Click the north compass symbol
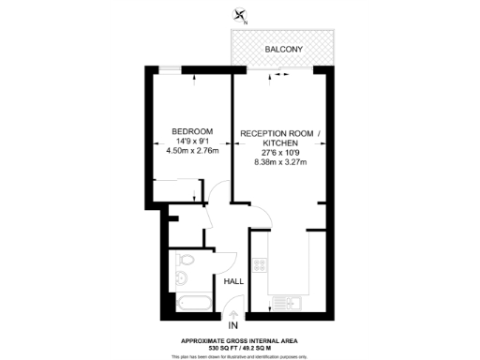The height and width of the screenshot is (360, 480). point(242,14)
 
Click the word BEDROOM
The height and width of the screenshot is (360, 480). point(191,130)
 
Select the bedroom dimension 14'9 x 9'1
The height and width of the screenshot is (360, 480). point(191,140)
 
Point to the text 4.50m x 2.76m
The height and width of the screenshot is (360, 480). point(191,150)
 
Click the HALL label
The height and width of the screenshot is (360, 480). point(234,280)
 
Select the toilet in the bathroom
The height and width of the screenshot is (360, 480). point(187,260)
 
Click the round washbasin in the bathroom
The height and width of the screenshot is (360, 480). point(181,279)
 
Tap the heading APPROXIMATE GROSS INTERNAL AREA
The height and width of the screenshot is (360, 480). point(240,339)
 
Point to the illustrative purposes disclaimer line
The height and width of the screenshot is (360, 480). point(240,356)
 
